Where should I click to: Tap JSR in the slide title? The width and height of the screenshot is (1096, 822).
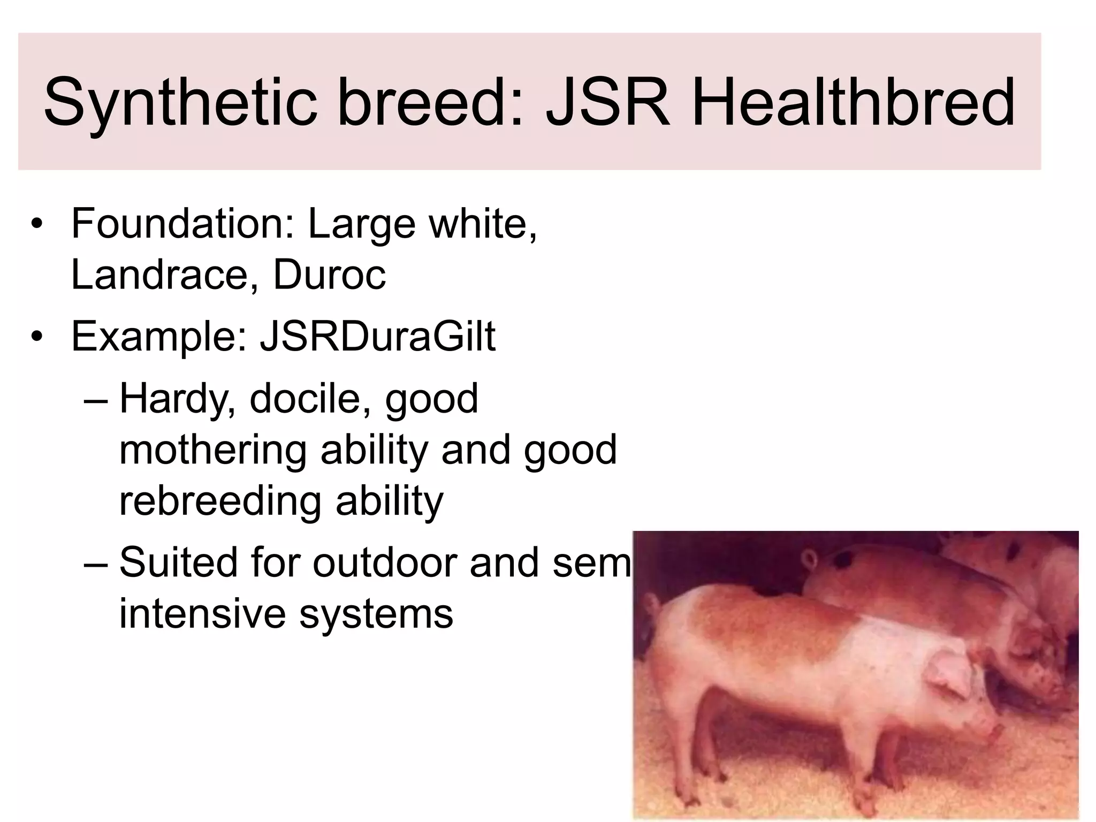tap(607, 102)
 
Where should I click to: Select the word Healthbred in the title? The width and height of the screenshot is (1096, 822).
tap(853, 102)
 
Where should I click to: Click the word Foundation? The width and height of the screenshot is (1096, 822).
tap(182, 223)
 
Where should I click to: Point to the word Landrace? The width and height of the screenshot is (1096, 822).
tap(160, 275)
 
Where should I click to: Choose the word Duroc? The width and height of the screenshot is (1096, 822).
tap(329, 275)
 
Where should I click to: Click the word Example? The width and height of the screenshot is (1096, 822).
tap(158, 337)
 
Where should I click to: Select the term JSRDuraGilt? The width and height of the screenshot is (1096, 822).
tap(377, 337)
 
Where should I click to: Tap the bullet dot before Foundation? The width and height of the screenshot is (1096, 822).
tap(36, 224)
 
